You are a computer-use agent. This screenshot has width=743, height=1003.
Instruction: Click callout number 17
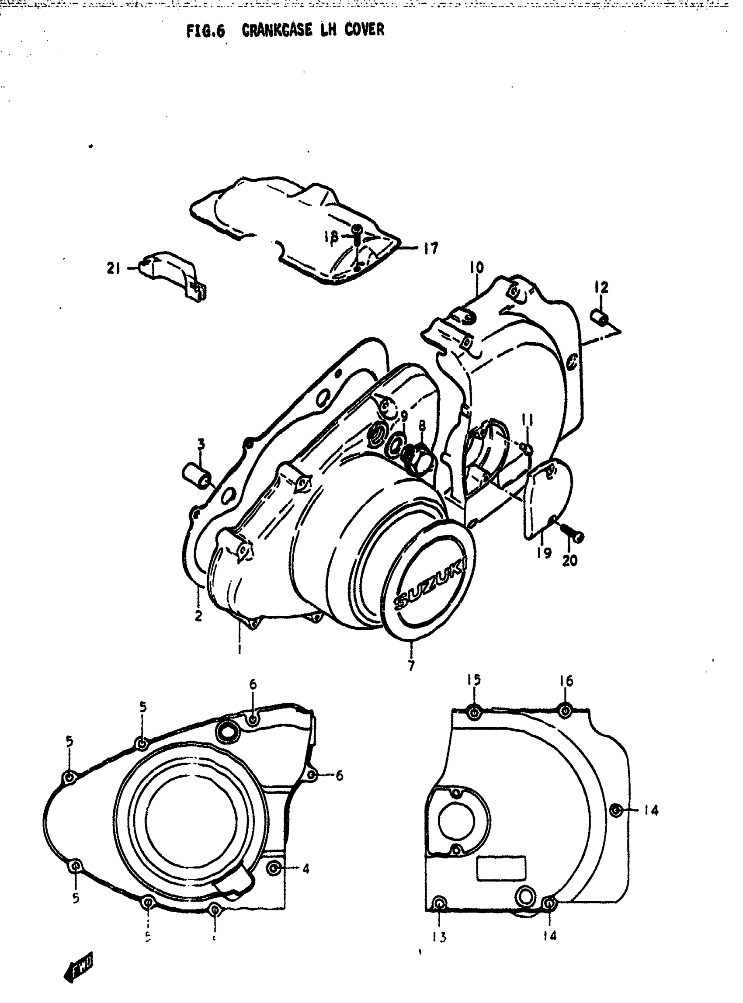431,248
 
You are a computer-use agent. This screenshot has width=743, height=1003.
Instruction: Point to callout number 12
601,287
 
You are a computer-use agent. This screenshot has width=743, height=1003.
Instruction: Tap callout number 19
544,553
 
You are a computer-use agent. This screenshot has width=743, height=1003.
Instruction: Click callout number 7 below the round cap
411,665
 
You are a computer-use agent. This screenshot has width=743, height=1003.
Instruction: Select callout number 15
474,693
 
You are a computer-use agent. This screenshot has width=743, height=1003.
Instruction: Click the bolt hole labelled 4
274,869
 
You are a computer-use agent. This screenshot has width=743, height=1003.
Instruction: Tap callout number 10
477,267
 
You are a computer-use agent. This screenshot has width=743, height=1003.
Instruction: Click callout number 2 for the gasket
198,616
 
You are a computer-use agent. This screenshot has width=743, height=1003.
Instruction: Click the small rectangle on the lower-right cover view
500,869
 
